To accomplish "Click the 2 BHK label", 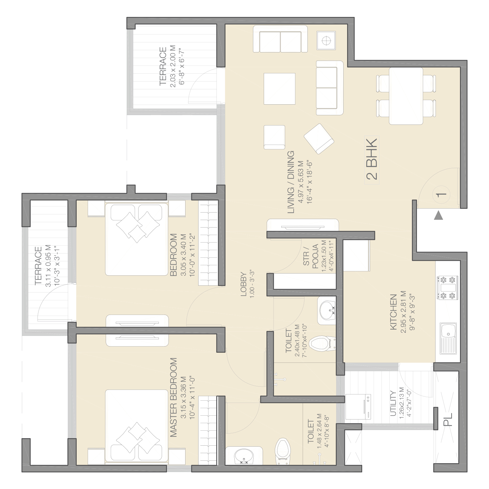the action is pyautogui.click(x=372, y=159).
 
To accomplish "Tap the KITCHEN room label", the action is pyautogui.click(x=393, y=312).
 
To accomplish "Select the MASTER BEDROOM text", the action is pyautogui.click(x=173, y=397).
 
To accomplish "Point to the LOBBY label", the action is pyautogui.click(x=244, y=284).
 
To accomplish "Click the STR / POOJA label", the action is pyautogui.click(x=311, y=257).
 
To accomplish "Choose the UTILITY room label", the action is pyautogui.click(x=393, y=403).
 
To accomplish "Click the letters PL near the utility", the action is pyautogui.click(x=448, y=420).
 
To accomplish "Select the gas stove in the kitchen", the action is pyautogui.click(x=448, y=288).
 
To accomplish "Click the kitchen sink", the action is pyautogui.click(x=448, y=338).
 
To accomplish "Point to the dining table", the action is pyautogui.click(x=406, y=96).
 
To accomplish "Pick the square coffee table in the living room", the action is pyautogui.click(x=279, y=89).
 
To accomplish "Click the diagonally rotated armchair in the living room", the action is pyautogui.click(x=319, y=139).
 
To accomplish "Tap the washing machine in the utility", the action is pyautogui.click(x=358, y=407).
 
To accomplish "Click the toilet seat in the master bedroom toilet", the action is pyautogui.click(x=282, y=451).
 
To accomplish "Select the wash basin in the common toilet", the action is pyautogui.click(x=327, y=310).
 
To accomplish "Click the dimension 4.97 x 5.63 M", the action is pyautogui.click(x=301, y=182).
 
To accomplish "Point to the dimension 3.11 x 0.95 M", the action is pyautogui.click(x=48, y=266).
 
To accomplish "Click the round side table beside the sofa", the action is pyautogui.click(x=326, y=41).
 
